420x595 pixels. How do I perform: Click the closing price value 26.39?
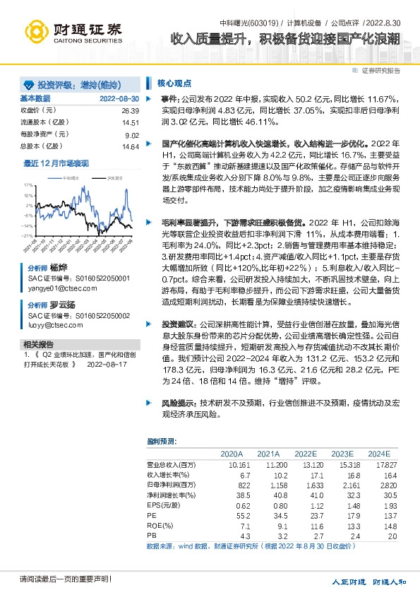click(x=130, y=111)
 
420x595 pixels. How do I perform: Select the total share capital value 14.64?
click(x=130, y=146)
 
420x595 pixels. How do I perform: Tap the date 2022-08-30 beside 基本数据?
click(x=119, y=98)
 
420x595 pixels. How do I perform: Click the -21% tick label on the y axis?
click(x=26, y=235)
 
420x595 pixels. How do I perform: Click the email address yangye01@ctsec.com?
click(x=58, y=288)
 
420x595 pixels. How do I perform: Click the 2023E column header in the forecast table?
click(x=342, y=453)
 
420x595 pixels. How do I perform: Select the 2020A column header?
click(x=232, y=453)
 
